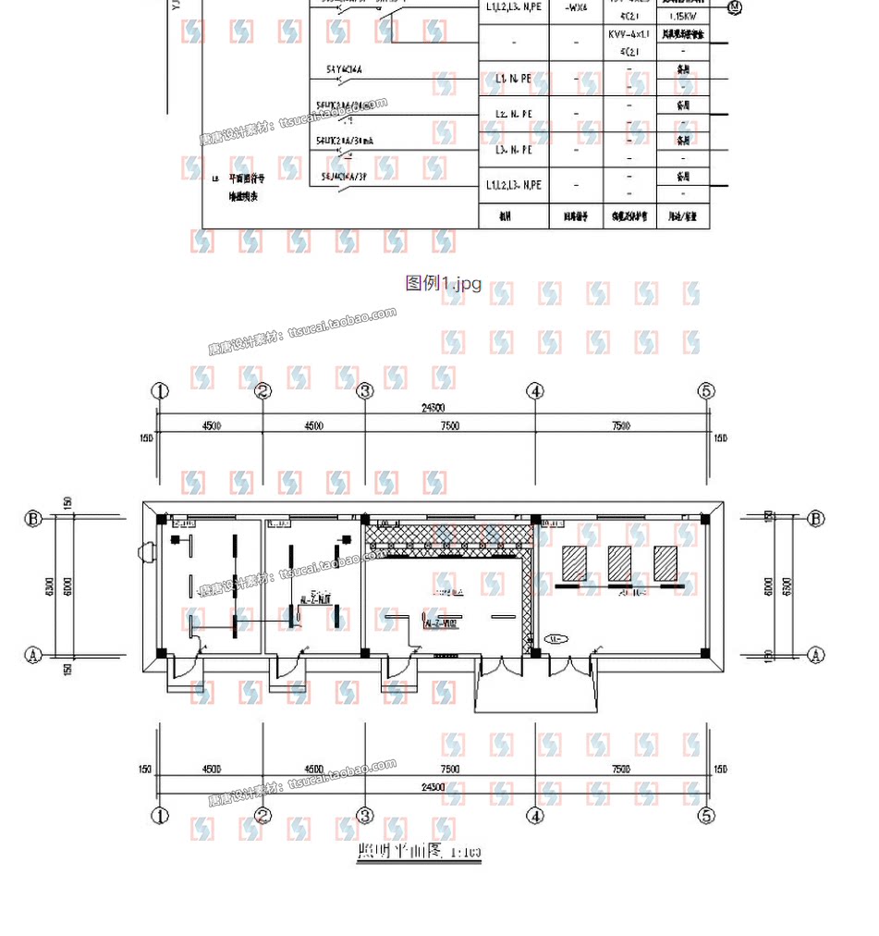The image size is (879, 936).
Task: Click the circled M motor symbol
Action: tap(735, 7)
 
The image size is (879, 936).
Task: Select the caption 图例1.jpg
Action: tap(444, 283)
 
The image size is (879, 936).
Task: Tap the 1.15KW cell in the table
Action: tap(683, 17)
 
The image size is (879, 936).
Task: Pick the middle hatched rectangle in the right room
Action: tap(619, 562)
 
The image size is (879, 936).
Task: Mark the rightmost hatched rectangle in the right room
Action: tap(665, 562)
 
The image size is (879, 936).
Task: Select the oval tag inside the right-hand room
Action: tap(555, 639)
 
